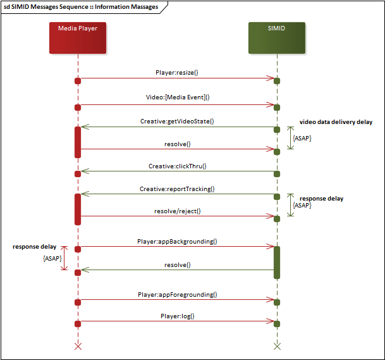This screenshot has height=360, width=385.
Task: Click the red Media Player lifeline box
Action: (78, 37)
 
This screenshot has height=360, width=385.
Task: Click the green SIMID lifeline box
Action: (277, 37)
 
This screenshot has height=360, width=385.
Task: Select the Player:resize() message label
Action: (177, 72)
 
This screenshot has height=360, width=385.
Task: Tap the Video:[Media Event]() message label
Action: (177, 97)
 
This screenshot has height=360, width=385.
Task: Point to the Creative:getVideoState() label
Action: (177, 120)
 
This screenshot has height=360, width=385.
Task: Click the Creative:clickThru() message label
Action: (178, 166)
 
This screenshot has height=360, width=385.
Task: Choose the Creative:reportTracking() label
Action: (177, 189)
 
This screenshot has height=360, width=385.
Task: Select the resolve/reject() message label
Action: (177, 211)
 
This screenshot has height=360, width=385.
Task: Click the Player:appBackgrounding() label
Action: (177, 241)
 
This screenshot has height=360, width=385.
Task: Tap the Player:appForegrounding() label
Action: (177, 294)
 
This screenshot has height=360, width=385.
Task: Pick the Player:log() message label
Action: (177, 316)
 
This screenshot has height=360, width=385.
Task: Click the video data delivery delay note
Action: (336, 122)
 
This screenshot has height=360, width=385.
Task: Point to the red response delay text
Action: (35, 246)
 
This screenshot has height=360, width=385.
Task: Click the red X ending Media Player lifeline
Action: (78, 346)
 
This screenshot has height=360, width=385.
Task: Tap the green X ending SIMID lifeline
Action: (277, 346)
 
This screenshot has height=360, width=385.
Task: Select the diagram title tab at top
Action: (82, 7)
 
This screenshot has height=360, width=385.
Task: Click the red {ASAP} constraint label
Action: (52, 259)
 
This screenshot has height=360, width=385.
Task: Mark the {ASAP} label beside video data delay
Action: (302, 138)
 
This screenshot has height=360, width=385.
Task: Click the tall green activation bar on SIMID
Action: (277, 262)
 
